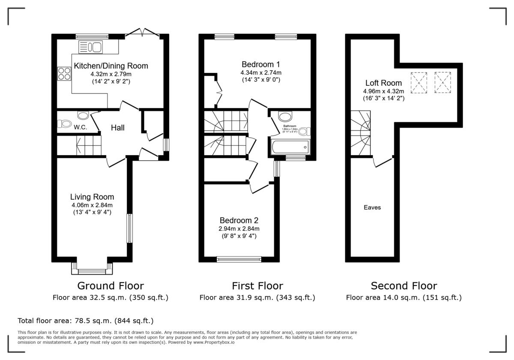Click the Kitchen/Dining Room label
pos(111,66)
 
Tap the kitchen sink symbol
pos(90,47)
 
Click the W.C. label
pos(80,127)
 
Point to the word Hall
pos(118,128)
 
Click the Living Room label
pos(92,197)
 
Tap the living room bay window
pos(92,270)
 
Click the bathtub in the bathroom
pos(290,147)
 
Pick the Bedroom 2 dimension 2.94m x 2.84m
pos(239,228)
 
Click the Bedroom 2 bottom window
pos(239,259)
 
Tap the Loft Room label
pos(383,83)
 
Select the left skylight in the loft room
pos(419,82)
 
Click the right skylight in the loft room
pos(443,82)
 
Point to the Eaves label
pos(372,207)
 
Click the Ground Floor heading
pos(111,286)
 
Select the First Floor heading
pos(257,286)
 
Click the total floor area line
pos(85,321)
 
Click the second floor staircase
pos(361,133)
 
